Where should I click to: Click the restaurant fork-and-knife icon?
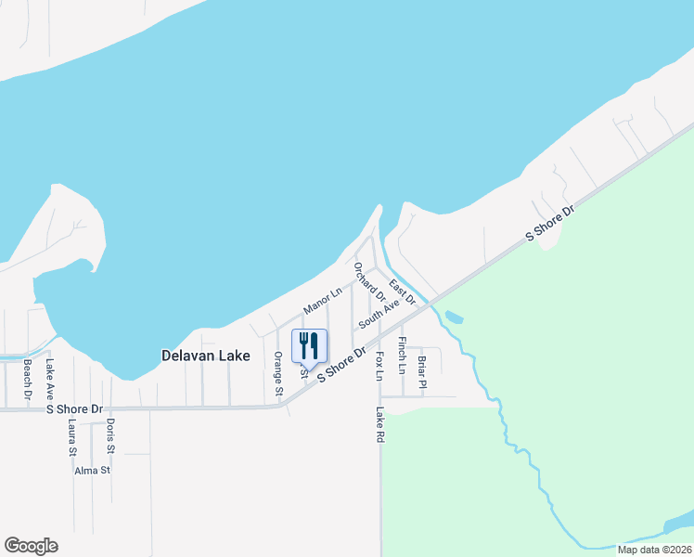310,345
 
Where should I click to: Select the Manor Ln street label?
323,300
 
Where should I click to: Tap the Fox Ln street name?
379,365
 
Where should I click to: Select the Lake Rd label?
379,423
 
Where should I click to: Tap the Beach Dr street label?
28,380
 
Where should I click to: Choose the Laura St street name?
71,437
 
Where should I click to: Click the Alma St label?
93,471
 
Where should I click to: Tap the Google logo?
31,546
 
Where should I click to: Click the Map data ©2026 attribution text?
653,550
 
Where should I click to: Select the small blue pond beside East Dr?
454,317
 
